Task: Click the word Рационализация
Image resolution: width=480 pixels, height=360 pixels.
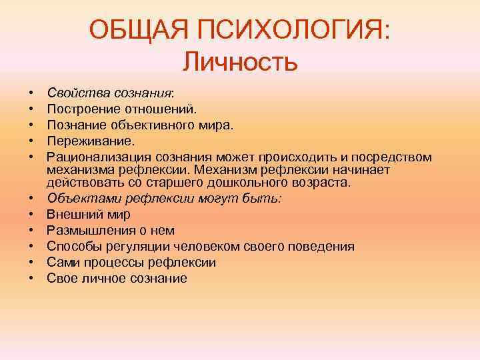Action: point(99,157)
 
